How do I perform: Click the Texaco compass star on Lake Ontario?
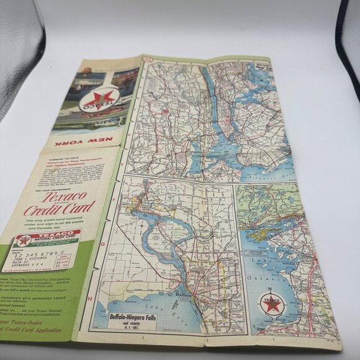[x=271, y=304]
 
